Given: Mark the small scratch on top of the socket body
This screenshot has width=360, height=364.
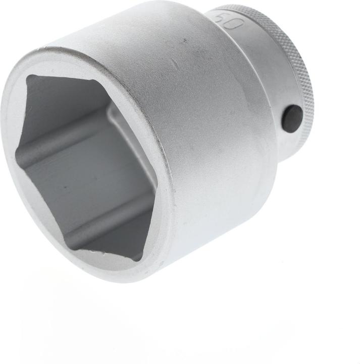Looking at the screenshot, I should click(174, 66).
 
